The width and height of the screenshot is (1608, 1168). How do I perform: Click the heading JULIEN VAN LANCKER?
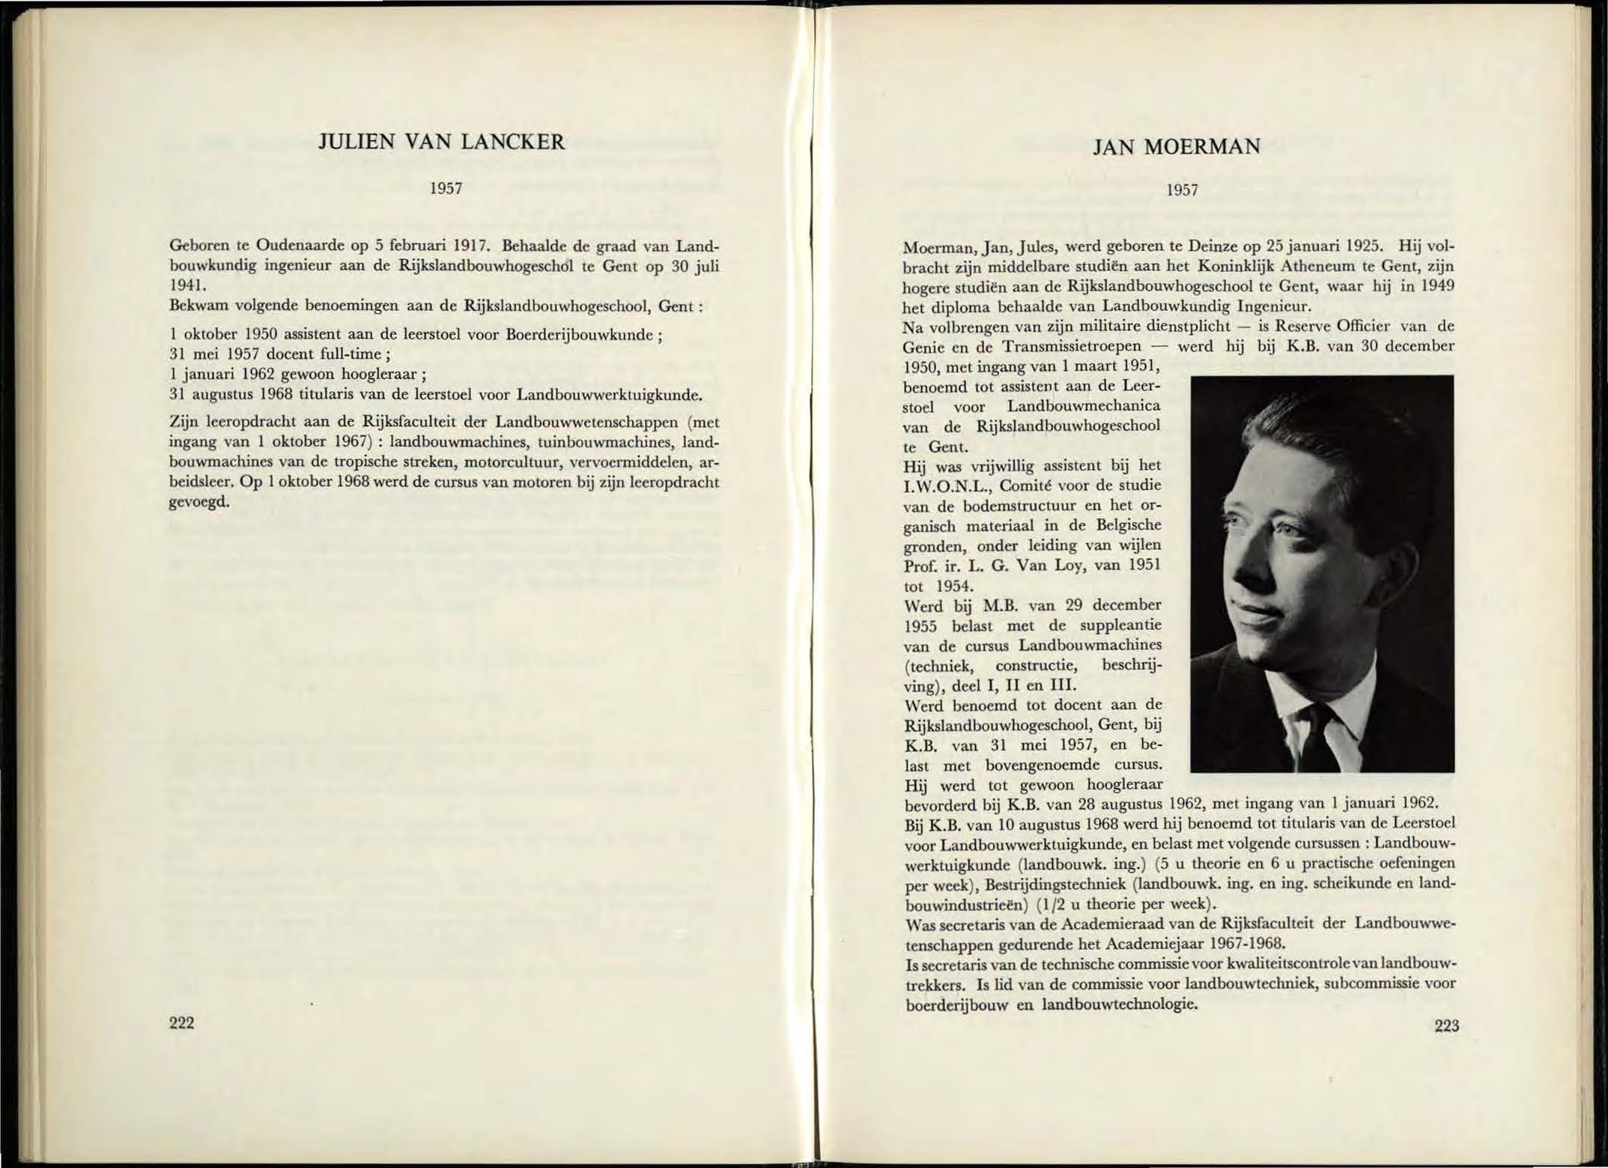442,142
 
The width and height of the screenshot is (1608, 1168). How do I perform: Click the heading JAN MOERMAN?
1176,147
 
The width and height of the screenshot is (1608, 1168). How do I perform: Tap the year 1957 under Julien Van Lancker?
445,189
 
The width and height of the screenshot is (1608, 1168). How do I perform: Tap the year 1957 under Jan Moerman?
1182,190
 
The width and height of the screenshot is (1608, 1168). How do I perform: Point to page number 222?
182,1023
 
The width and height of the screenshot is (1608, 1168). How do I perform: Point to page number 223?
1446,1026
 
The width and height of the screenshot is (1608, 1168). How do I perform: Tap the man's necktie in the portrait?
1316,738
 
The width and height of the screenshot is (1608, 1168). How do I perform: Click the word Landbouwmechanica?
1083,407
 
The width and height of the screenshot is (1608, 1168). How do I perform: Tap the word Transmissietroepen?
1072,346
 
